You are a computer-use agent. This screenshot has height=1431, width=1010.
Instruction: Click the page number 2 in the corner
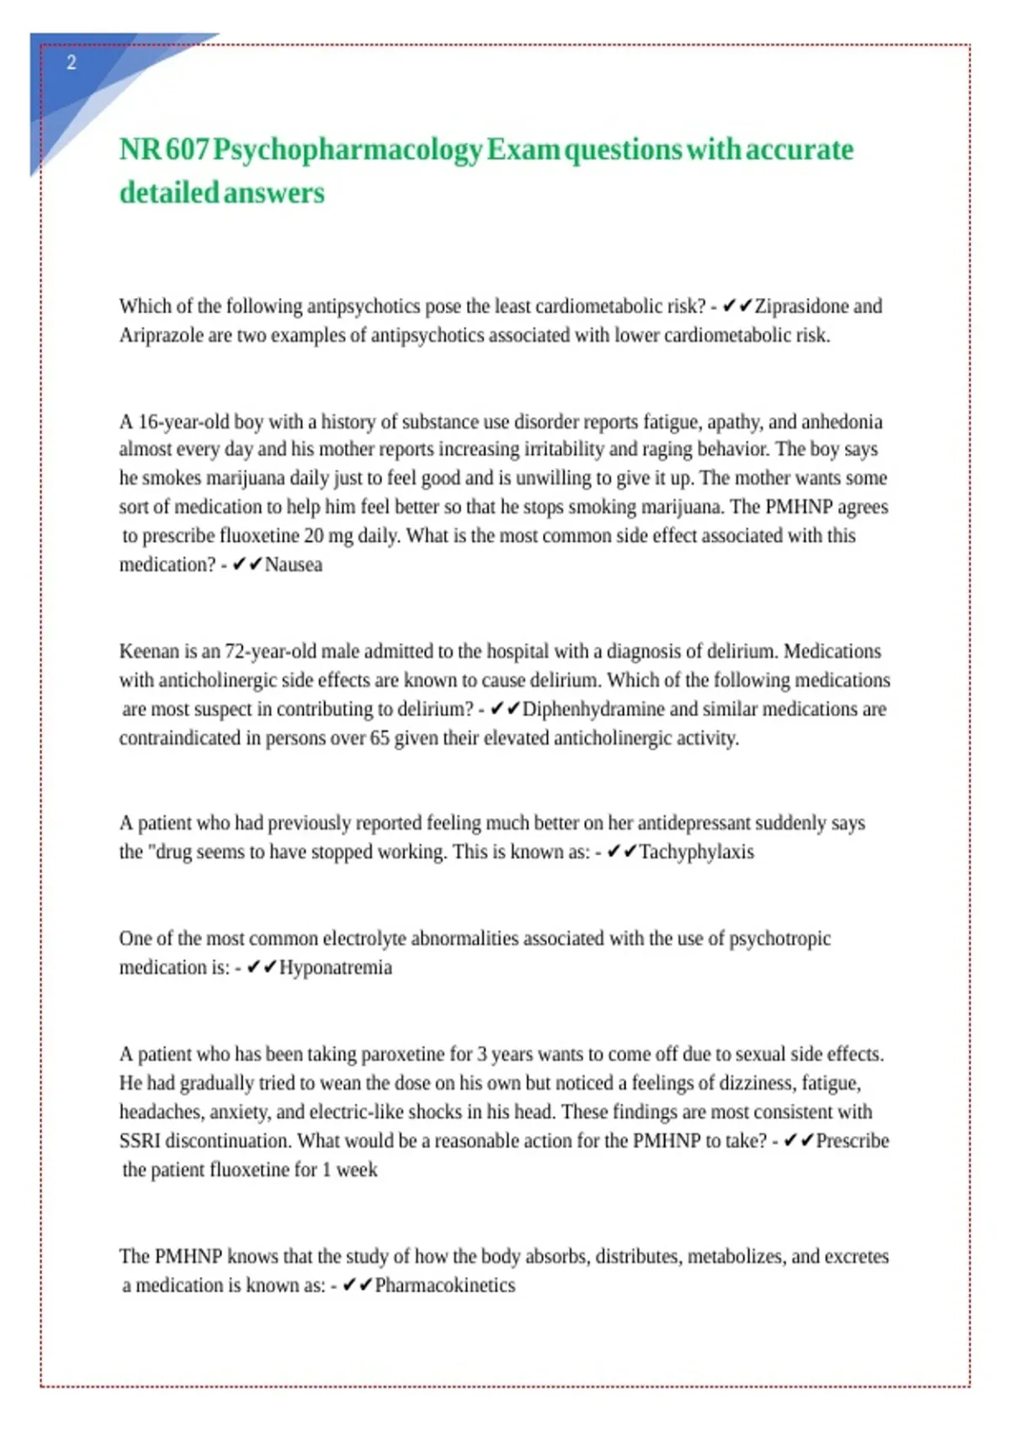(x=72, y=63)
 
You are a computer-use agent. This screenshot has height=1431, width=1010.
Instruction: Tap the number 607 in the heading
(x=187, y=150)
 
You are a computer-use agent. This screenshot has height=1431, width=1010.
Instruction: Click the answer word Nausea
(x=294, y=565)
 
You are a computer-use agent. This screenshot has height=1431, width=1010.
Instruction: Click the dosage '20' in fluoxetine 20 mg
(x=314, y=536)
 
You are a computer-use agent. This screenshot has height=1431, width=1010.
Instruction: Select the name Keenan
(x=148, y=652)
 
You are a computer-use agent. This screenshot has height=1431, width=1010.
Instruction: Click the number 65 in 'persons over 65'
(x=380, y=738)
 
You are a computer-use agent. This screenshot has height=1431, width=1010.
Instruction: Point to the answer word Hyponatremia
(x=335, y=967)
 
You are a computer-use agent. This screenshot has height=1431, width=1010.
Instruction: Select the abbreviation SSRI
(x=139, y=1141)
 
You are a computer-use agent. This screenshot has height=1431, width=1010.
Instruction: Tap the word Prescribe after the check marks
(x=852, y=1141)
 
